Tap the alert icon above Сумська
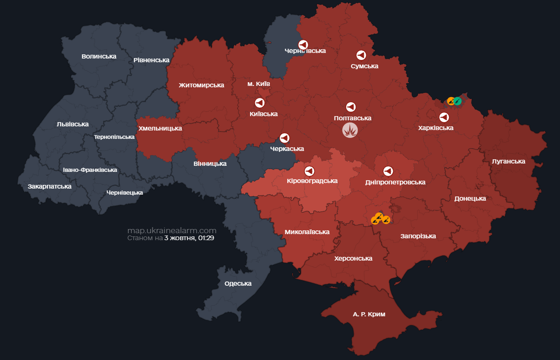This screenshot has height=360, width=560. point(361,55)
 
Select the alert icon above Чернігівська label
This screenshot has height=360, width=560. point(303,45)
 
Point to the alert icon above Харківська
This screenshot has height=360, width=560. point(444,117)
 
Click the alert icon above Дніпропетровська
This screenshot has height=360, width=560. point(388,171)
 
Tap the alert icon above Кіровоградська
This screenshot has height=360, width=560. point(309,170)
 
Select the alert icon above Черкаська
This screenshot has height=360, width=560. point(284,138)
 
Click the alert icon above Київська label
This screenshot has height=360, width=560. point(259,103)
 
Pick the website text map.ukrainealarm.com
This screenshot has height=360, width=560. point(172,230)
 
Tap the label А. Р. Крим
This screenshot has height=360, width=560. point(369,314)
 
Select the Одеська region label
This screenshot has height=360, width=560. point(238,283)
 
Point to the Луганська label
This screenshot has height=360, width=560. point(508,161)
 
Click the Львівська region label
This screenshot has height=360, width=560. point(72,124)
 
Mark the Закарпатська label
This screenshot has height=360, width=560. point(50,186)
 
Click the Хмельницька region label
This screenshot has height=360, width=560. point(160,128)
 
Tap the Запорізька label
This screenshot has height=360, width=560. point(418,236)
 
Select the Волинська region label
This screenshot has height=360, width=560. point(99,56)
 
